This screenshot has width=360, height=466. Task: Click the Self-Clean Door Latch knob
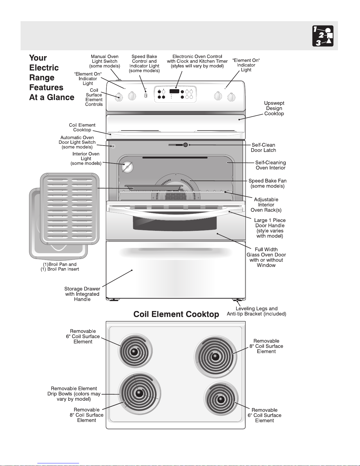coord(185,145)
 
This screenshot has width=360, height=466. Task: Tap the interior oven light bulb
coord(127,167)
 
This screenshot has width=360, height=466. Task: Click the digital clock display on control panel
coord(174,91)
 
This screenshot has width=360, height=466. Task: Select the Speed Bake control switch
coord(146,95)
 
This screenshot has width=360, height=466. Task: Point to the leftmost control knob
coord(119,97)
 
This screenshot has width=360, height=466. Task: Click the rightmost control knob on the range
coord(232,97)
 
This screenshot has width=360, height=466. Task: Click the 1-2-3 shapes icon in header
coord(323,36)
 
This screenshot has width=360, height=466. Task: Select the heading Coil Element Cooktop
coord(176,314)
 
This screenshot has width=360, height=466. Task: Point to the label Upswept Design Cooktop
coord(274,108)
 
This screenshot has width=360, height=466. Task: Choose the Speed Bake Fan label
coord(267,183)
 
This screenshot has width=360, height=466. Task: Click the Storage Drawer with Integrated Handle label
coord(82,294)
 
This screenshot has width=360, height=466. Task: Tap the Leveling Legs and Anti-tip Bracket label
coord(256,311)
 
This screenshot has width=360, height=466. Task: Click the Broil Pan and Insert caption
coord(60,267)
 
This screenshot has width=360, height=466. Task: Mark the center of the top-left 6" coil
coord(134,352)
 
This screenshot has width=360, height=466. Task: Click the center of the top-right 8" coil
coord(215,357)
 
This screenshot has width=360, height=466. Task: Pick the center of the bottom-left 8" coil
coord(139,393)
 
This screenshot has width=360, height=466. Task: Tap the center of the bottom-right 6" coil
coord(221,399)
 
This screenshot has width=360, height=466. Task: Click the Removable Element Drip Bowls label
coord(74,394)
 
